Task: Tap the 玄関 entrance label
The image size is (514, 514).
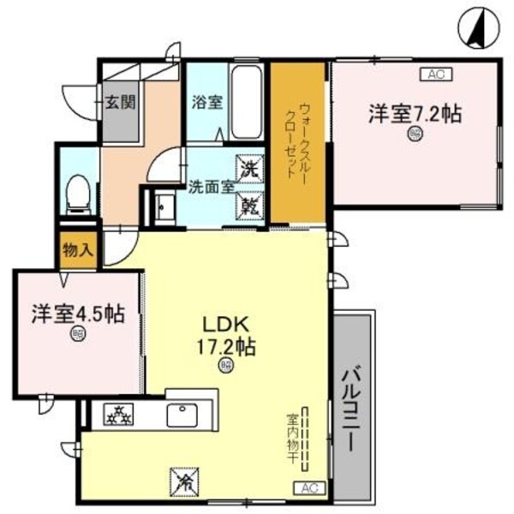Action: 119,100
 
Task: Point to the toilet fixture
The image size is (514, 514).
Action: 78,196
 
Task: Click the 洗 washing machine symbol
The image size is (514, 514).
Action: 249,167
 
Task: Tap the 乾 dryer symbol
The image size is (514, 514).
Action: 249,206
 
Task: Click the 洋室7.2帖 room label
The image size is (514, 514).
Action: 415,113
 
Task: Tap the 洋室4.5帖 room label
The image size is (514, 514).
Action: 78,314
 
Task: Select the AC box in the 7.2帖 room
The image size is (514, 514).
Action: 435,75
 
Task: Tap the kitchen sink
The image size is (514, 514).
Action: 182,415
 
